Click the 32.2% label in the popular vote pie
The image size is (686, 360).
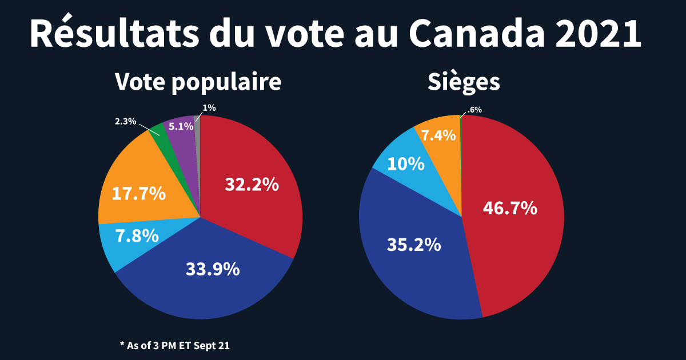click(x=252, y=185)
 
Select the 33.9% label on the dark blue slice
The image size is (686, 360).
click(x=213, y=269)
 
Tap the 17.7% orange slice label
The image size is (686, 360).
click(x=138, y=194)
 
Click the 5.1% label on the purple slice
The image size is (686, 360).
click(x=181, y=127)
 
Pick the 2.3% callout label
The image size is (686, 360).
click(x=125, y=121)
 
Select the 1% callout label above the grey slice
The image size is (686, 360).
click(x=209, y=107)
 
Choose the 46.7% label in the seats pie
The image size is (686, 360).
click(x=510, y=208)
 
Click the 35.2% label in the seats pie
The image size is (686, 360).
click(x=414, y=245)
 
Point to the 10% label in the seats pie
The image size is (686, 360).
click(x=406, y=165)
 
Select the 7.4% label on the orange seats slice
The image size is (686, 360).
click(x=438, y=135)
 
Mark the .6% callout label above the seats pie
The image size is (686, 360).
click(x=474, y=110)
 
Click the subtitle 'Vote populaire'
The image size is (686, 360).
click(x=198, y=82)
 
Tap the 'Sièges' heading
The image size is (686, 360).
click(x=464, y=82)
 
